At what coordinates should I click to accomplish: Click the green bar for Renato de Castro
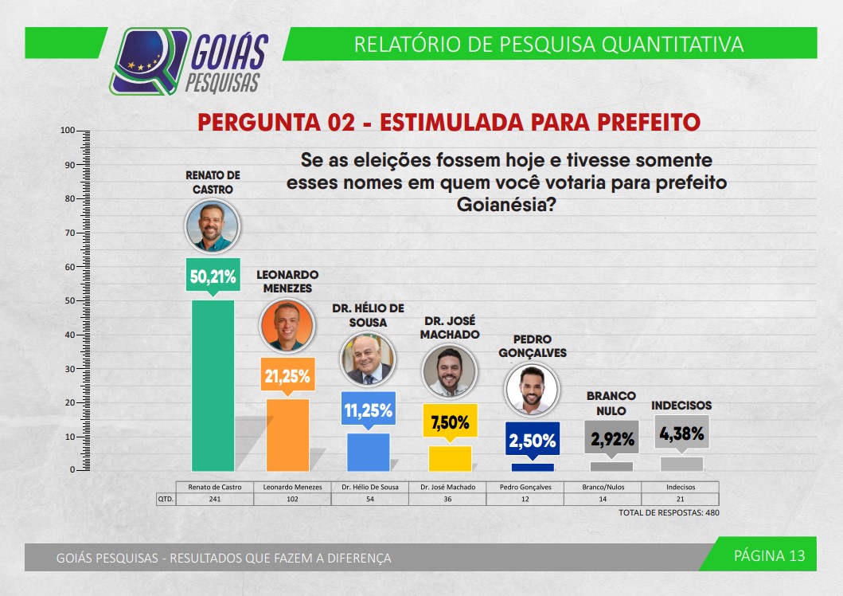pyautogui.click(x=213, y=385)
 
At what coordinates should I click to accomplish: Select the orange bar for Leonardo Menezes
pyautogui.click(x=287, y=434)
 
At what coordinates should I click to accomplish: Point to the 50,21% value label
pyautogui.click(x=213, y=276)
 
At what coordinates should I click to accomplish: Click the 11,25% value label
pyautogui.click(x=368, y=410)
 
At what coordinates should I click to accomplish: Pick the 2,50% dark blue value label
pyautogui.click(x=533, y=441)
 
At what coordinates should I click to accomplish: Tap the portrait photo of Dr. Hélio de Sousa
pyautogui.click(x=368, y=359)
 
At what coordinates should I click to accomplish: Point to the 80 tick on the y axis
pyautogui.click(x=69, y=198)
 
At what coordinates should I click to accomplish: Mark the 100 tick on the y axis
pyautogui.click(x=68, y=131)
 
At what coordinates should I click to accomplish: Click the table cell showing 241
pyautogui.click(x=213, y=499)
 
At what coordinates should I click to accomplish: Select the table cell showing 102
pyautogui.click(x=291, y=499)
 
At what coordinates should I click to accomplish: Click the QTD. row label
pyautogui.click(x=166, y=499)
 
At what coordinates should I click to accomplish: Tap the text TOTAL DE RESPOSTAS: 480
pyautogui.click(x=669, y=512)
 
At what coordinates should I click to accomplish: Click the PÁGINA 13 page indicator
pyautogui.click(x=769, y=556)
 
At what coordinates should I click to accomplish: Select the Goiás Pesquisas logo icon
pyautogui.click(x=149, y=61)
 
